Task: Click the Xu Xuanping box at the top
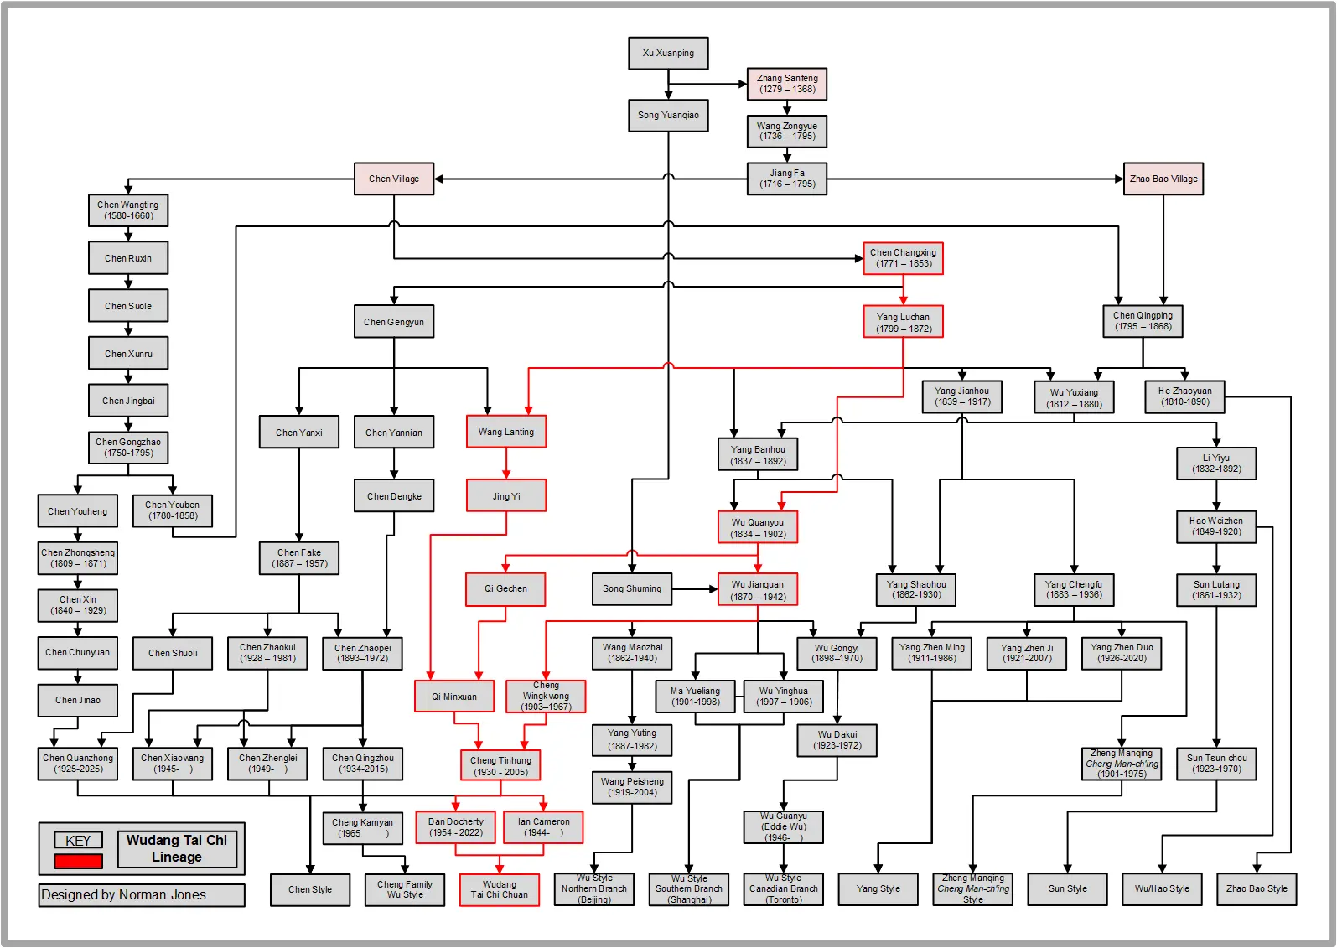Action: pyautogui.click(x=668, y=53)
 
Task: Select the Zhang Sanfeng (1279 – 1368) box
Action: pyautogui.click(x=786, y=84)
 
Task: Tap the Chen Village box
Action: pyautogui.click(x=393, y=179)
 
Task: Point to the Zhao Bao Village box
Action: pyautogui.click(x=1163, y=179)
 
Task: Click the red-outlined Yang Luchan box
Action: pyautogui.click(x=903, y=322)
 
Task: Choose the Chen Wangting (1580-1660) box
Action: pyautogui.click(x=127, y=210)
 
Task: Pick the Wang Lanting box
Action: pyautogui.click(x=505, y=432)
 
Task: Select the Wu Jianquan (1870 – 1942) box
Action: pyautogui.click(x=758, y=590)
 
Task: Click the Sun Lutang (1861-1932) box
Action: pyautogui.click(x=1216, y=590)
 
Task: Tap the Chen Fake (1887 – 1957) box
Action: pyautogui.click(x=299, y=558)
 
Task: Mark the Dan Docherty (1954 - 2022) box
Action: pyautogui.click(x=455, y=827)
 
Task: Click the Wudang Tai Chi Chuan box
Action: pyautogui.click(x=499, y=889)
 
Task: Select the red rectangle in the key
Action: pyautogui.click(x=78, y=861)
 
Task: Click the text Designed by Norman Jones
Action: pyautogui.click(x=124, y=895)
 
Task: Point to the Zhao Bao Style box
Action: pyautogui.click(x=1256, y=889)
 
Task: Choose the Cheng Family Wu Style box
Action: pyautogui.click(x=404, y=889)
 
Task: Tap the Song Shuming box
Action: pyautogui.click(x=631, y=589)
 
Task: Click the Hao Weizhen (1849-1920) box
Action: pyautogui.click(x=1215, y=526)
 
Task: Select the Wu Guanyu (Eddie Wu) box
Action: pyautogui.click(x=783, y=826)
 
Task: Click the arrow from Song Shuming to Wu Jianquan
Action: pyautogui.click(x=694, y=589)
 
